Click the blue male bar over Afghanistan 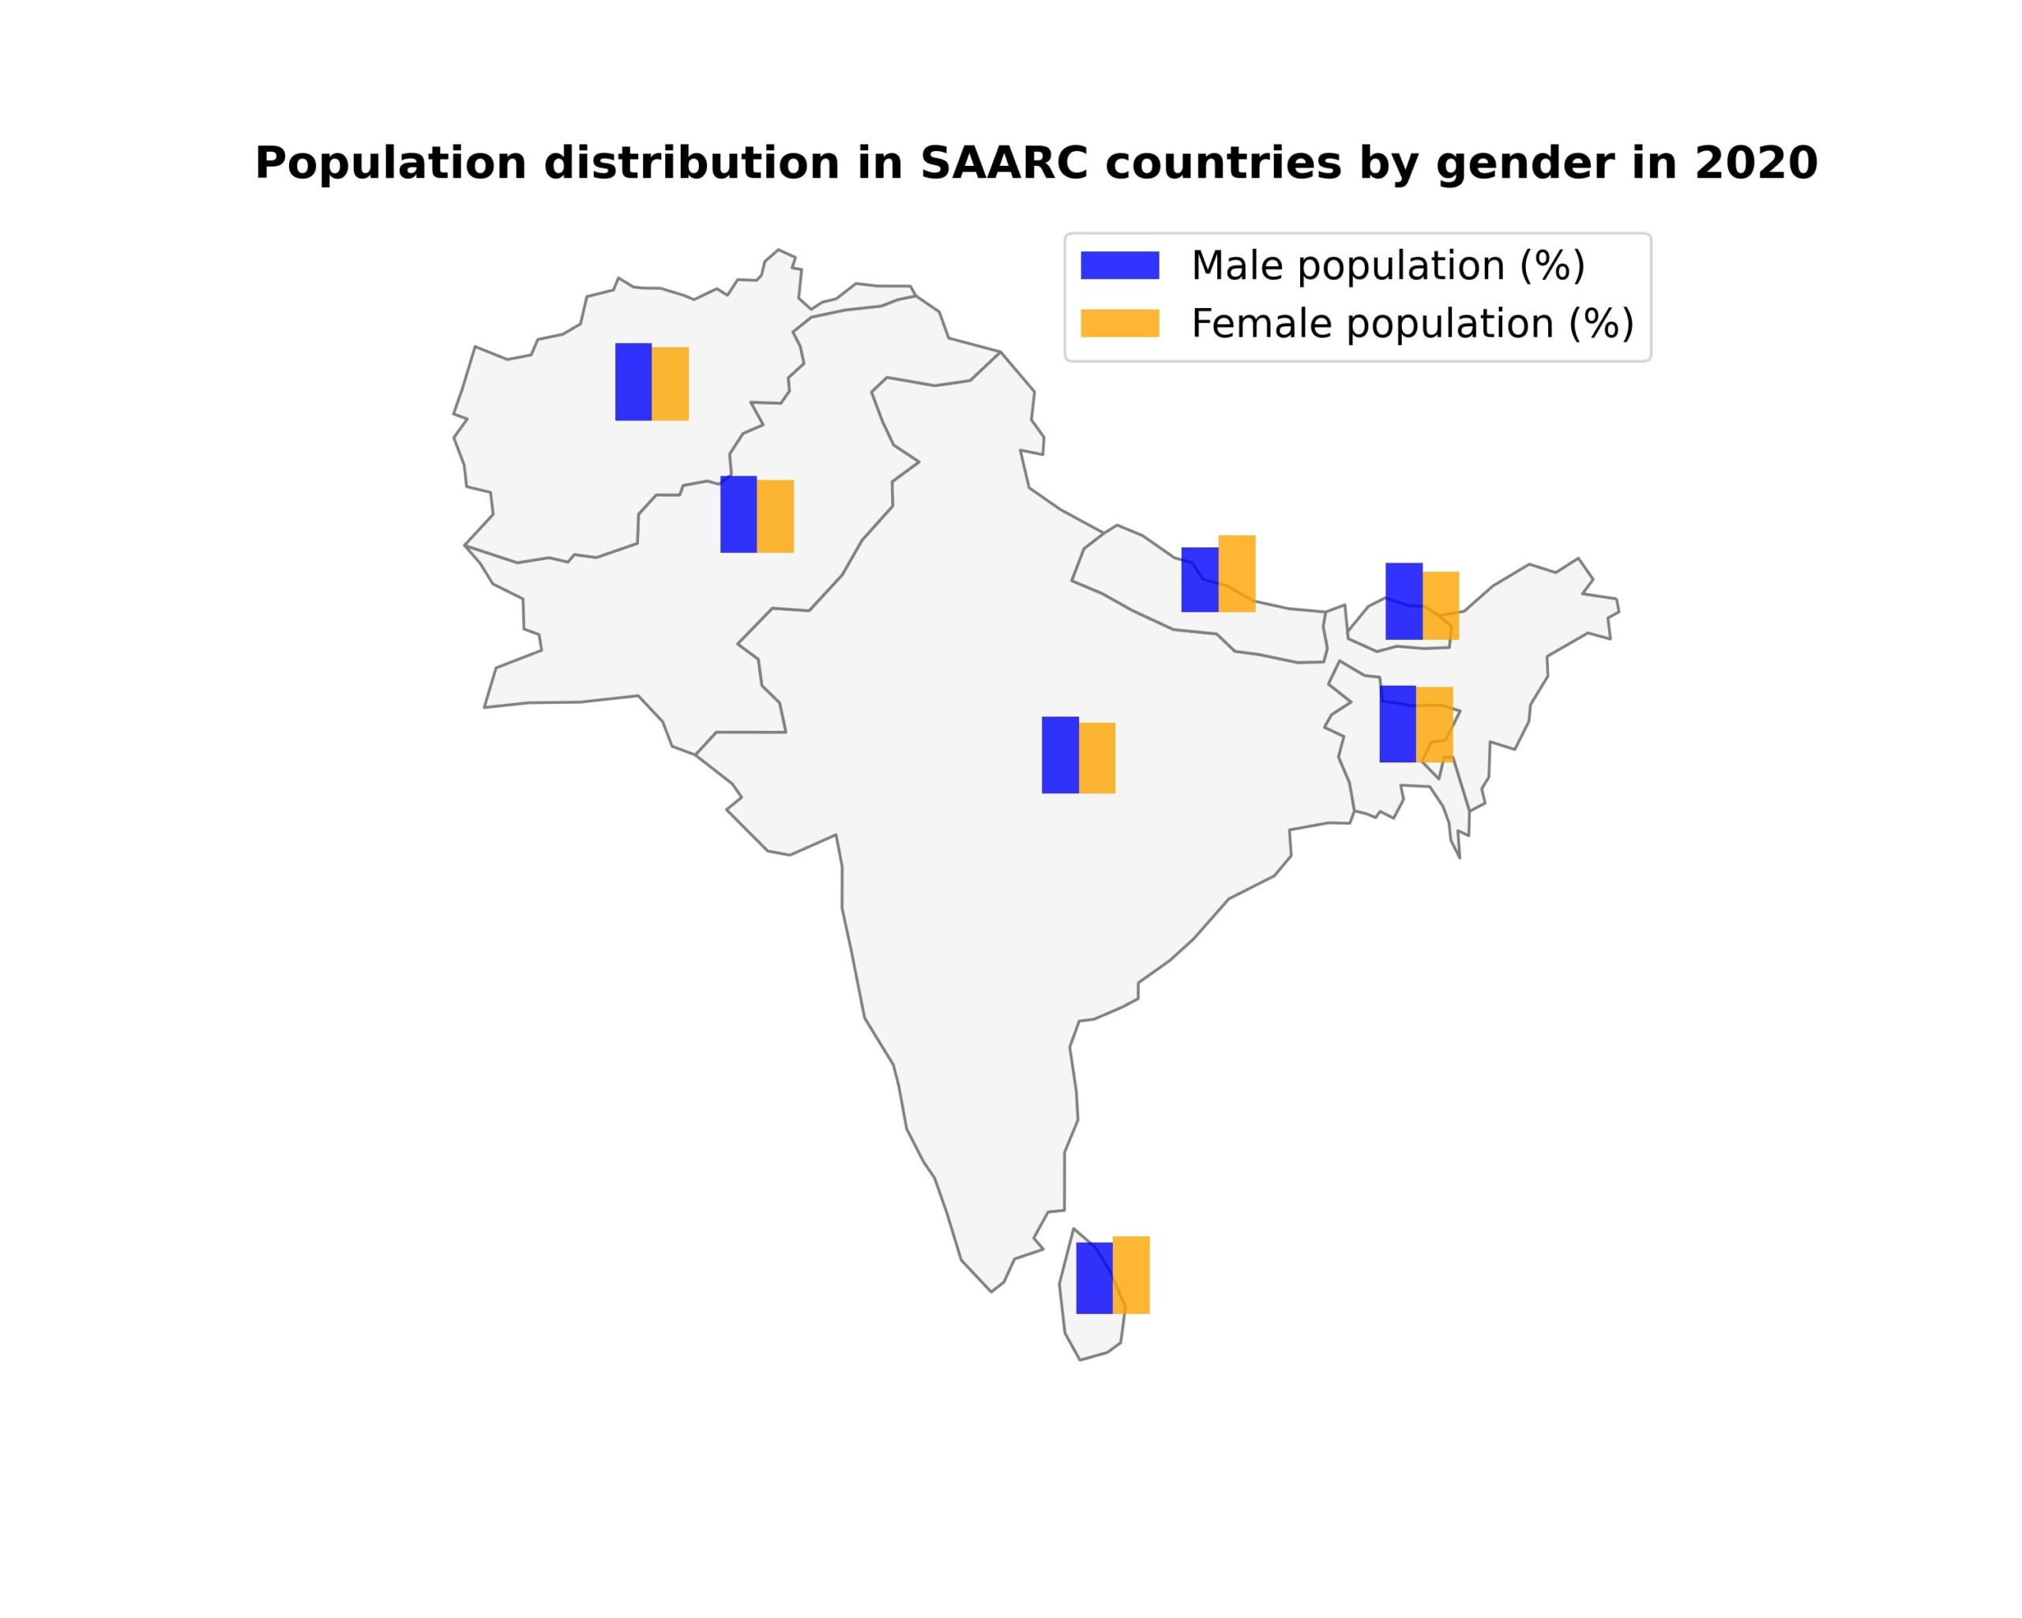click(x=633, y=382)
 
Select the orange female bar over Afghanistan click(x=671, y=384)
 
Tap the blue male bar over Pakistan click(x=738, y=514)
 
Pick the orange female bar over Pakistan click(x=776, y=516)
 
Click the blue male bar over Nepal click(x=1200, y=580)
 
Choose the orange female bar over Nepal click(x=1237, y=573)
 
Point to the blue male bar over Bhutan click(x=1404, y=601)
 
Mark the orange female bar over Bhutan click(x=1441, y=605)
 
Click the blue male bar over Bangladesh click(x=1397, y=723)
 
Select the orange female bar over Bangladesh click(x=1435, y=724)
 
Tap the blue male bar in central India click(x=1060, y=755)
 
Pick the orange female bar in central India click(x=1097, y=758)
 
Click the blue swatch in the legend click(x=1120, y=265)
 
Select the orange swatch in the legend click(x=1120, y=322)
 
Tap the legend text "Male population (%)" click(x=1388, y=265)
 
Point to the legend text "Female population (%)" click(x=1412, y=324)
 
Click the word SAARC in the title click(x=1004, y=164)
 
